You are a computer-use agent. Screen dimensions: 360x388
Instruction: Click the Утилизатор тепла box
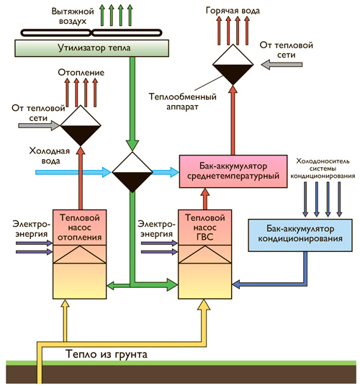tap(91, 48)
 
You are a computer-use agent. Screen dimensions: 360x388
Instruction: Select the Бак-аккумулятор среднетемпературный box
tap(233, 171)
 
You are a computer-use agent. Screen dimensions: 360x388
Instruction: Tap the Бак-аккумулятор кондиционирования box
tap(300, 235)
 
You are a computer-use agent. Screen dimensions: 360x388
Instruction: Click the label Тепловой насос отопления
tap(80, 227)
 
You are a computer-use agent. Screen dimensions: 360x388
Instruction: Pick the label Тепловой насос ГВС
tap(205, 227)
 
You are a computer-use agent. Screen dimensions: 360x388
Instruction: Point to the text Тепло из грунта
tap(107, 354)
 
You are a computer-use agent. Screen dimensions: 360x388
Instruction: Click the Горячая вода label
tap(233, 11)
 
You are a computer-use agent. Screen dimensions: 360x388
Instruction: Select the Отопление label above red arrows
tap(81, 73)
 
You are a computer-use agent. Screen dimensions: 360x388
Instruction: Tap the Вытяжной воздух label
tap(73, 17)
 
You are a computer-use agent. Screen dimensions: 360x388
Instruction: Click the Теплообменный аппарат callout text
tap(183, 101)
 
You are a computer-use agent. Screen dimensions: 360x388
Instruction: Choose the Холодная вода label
tap(50, 156)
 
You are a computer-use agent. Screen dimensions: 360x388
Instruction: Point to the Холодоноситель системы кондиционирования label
tap(323, 168)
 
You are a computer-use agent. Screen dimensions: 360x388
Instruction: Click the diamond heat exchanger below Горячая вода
tap(233, 65)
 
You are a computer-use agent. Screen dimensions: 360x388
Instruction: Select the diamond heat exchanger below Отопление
tap(81, 126)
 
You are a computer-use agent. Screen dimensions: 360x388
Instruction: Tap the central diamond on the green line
tap(132, 172)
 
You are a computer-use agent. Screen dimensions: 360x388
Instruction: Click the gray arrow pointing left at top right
tap(282, 65)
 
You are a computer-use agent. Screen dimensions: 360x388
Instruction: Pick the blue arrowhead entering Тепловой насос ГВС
tap(237, 284)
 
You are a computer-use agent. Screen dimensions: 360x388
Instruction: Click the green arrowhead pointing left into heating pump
tap(111, 285)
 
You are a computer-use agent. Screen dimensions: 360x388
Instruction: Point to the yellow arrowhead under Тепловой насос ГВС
tap(204, 305)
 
